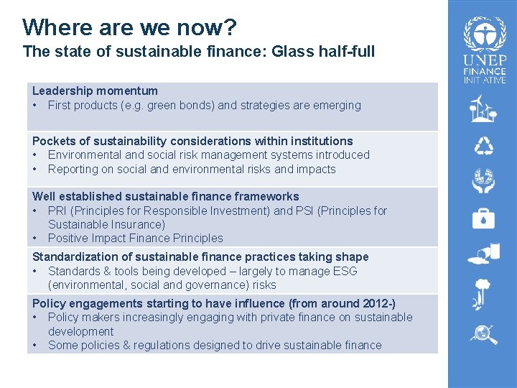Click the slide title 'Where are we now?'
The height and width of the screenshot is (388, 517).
pos(129,27)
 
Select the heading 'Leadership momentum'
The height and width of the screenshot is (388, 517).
pos(95,91)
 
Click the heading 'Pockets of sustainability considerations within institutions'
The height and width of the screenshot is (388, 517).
pos(192,141)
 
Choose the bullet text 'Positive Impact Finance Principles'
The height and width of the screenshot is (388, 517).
pos(135,239)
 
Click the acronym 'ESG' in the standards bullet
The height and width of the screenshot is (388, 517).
pos(343,272)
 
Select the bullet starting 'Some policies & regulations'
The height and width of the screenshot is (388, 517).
pos(215,346)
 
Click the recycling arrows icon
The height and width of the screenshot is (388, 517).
pos(483,147)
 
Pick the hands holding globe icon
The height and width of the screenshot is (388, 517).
pos(483,182)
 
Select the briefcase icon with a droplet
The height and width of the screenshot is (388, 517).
pos(483,218)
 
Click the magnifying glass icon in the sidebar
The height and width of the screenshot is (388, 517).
pos(483,334)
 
